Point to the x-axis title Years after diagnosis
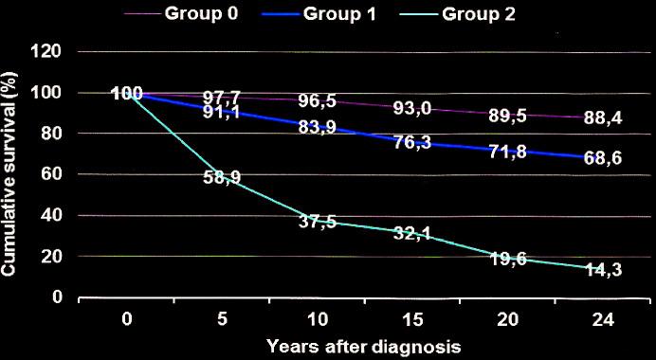click(x=364, y=346)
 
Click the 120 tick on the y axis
click(x=47, y=51)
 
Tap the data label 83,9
click(x=318, y=130)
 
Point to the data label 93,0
click(x=412, y=109)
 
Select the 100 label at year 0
click(x=126, y=94)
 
